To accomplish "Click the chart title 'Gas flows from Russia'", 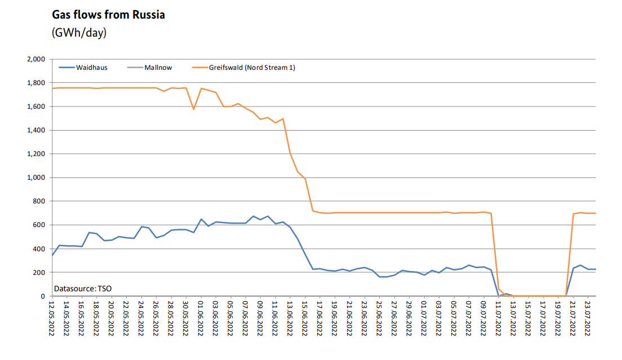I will (x=108, y=15).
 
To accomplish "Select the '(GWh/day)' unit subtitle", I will (x=79, y=33).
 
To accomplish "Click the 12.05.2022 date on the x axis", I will (x=52, y=319).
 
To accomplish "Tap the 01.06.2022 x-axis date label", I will (x=201, y=319).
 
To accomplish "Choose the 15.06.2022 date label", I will (x=305, y=319).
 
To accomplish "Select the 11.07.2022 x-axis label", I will (x=498, y=319).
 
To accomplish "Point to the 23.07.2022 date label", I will (x=588, y=319).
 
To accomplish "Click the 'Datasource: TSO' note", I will (x=82, y=288).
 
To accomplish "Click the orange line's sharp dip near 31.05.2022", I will (x=194, y=109).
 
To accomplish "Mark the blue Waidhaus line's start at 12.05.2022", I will (x=52, y=255).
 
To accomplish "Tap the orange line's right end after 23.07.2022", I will (x=596, y=213).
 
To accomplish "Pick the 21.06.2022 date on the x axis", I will (x=349, y=319).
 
